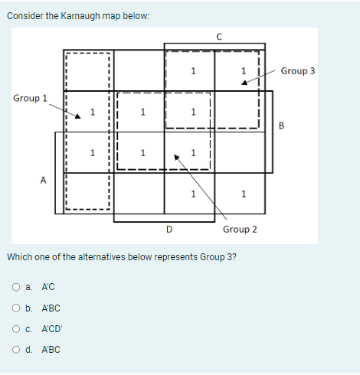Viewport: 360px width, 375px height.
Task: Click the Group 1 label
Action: (x=30, y=98)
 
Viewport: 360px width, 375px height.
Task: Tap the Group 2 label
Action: (x=240, y=229)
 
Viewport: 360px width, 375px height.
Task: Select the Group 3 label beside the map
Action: (x=298, y=70)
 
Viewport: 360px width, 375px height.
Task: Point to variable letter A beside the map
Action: (x=43, y=181)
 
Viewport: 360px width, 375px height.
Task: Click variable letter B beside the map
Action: (x=280, y=126)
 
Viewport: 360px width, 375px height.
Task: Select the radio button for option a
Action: (x=16, y=288)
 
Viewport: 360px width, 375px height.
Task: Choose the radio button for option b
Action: (x=16, y=308)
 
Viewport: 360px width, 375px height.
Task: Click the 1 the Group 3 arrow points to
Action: (x=244, y=72)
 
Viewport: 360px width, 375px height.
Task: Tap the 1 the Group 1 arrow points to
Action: (x=92, y=113)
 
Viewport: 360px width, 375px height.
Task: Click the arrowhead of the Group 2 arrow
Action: (x=178, y=158)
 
